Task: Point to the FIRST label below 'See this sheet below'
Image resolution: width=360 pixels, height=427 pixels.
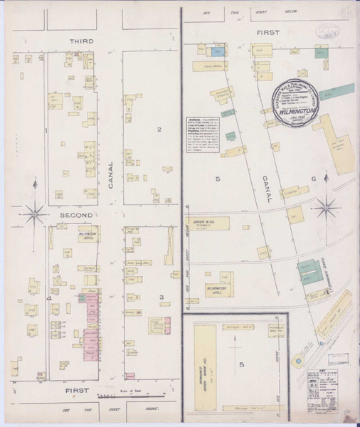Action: [x=268, y=33]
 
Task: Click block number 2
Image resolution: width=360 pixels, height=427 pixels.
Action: [x=160, y=129]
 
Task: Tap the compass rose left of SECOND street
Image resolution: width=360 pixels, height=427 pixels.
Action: [x=33, y=210]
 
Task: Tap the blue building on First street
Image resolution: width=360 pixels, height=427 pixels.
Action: [x=221, y=51]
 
